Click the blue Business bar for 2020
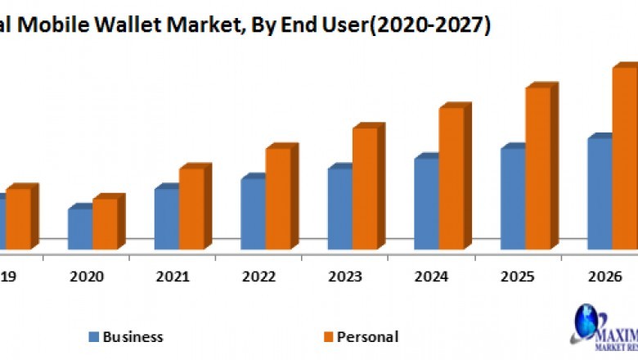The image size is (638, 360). pyautogui.click(x=79, y=229)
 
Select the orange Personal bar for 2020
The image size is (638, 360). pyautogui.click(x=105, y=223)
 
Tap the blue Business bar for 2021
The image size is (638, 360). pyautogui.click(x=166, y=218)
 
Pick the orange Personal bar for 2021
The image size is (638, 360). pyautogui.click(x=191, y=209)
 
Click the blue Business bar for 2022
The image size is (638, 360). pyautogui.click(x=253, y=213)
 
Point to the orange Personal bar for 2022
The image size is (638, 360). pyautogui.click(x=278, y=198)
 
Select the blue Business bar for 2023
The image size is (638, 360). pyautogui.click(x=339, y=208)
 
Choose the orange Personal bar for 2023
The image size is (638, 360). pyautogui.click(x=365, y=187)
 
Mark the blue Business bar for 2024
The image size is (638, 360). pyautogui.click(x=426, y=203)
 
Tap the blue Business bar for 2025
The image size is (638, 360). pyautogui.click(x=513, y=198)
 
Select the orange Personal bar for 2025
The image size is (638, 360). pyautogui.click(x=538, y=167)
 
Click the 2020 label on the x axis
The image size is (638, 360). pyautogui.click(x=86, y=277)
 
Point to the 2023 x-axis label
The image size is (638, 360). pyautogui.click(x=344, y=277)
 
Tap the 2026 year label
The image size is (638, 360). pyautogui.click(x=604, y=277)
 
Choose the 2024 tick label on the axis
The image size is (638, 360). pyautogui.click(x=431, y=277)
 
